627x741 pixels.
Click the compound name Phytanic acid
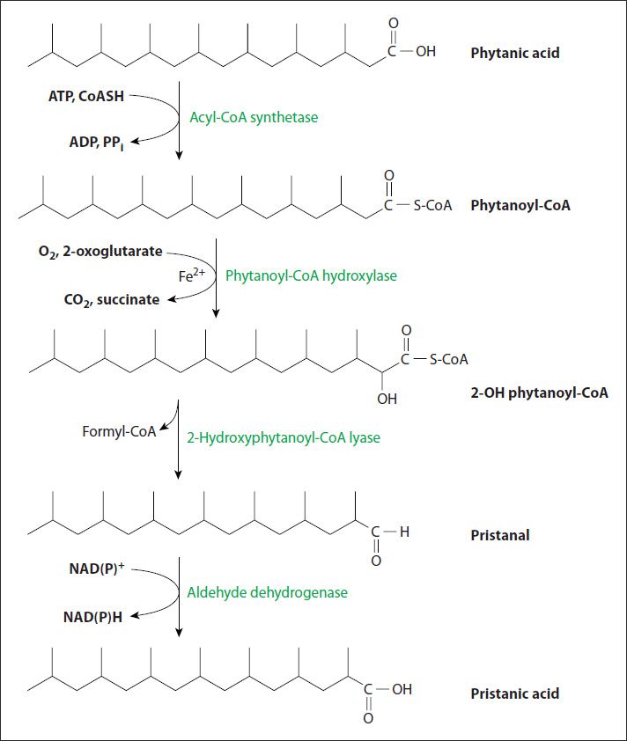tap(515, 53)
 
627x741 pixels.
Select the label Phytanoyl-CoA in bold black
tap(520, 205)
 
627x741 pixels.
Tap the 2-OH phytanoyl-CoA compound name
tap(539, 393)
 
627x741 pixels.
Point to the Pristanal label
tap(500, 535)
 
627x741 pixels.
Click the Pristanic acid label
tap(515, 693)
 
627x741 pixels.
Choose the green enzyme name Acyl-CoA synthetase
tap(254, 117)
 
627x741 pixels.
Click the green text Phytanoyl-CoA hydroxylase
tap(311, 275)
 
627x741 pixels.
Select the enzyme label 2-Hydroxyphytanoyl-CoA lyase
tap(284, 437)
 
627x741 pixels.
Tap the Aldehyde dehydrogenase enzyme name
tap(267, 592)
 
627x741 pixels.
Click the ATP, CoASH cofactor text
tap(86, 96)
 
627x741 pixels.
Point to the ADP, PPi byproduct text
tap(97, 143)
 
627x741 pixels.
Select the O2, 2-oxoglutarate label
tap(100, 252)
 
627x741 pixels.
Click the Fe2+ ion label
tap(192, 275)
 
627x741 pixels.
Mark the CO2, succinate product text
tap(112, 300)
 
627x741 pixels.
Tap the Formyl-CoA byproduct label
tap(119, 431)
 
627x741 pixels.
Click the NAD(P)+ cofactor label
tap(97, 568)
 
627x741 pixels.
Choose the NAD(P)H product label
tap(92, 617)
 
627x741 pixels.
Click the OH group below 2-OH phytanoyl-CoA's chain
tap(387, 399)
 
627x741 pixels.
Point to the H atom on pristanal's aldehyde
tap(404, 532)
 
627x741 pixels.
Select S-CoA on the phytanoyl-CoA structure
tap(432, 206)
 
